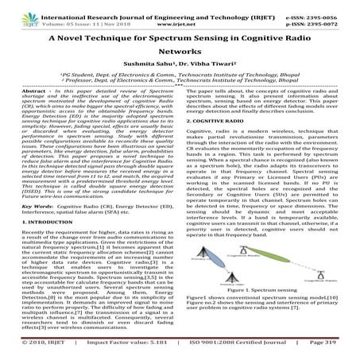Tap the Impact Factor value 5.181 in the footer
click(x=142, y=350)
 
